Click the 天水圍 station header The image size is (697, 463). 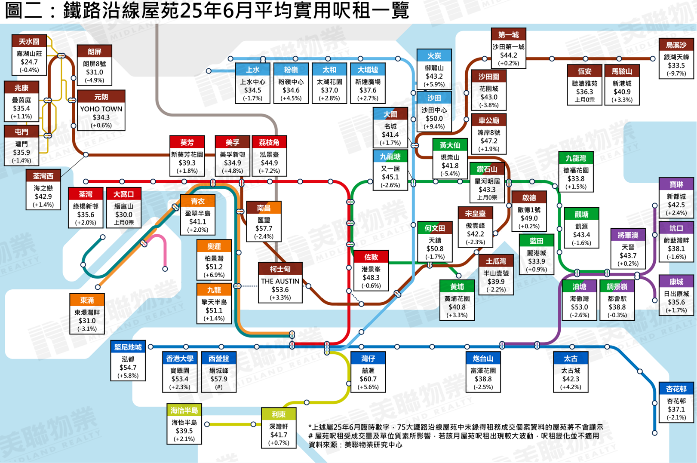tap(29, 41)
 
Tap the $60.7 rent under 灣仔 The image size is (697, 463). tap(368, 379)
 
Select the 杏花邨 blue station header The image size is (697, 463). tap(676, 389)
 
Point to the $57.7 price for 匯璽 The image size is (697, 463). tap(264, 228)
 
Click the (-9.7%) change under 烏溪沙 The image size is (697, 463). tap(676, 74)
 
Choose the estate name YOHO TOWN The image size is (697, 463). tap(101, 109)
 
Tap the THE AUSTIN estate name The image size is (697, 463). tap(280, 281)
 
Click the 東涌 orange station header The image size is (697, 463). tap(87, 300)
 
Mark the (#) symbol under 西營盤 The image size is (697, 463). tap(219, 387)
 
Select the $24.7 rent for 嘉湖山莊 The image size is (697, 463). tap(29, 62)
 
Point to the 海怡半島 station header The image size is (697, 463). tap(184, 411)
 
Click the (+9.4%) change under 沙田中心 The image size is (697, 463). tap(434, 126)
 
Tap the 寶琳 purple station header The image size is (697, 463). tap(676, 184)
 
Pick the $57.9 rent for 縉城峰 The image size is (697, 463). tap(219, 379)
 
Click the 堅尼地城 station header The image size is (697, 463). tap(128, 347)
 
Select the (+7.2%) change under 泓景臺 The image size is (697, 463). tap(270, 171)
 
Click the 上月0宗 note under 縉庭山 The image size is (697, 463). tap(124, 223)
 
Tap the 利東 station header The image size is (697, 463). tap(279, 414)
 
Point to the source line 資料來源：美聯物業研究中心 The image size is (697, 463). tap(355, 445)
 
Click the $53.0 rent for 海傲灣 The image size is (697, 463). tap(579, 307)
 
